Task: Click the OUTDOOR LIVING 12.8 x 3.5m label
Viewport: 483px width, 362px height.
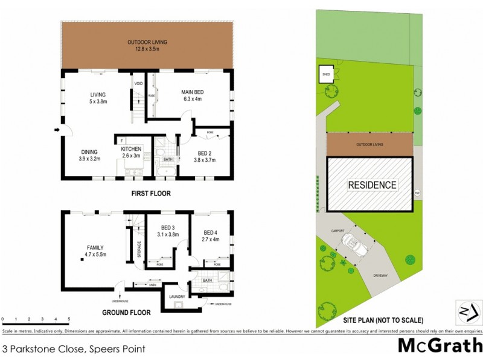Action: (147, 45)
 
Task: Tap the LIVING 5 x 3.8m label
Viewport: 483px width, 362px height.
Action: (98, 98)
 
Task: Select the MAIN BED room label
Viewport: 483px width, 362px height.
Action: (191, 95)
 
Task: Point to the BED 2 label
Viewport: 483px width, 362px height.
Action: (204, 156)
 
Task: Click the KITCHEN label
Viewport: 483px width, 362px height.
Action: (131, 152)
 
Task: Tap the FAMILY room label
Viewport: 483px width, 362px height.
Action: (95, 251)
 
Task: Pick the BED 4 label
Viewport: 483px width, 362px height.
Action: (210, 236)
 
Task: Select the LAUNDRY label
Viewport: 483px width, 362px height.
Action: (177, 297)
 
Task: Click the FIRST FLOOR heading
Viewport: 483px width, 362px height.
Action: (151, 194)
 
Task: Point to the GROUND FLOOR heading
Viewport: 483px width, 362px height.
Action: (126, 313)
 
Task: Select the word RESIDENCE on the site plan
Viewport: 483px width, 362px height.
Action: (372, 185)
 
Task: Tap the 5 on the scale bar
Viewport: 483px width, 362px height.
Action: (69, 319)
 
